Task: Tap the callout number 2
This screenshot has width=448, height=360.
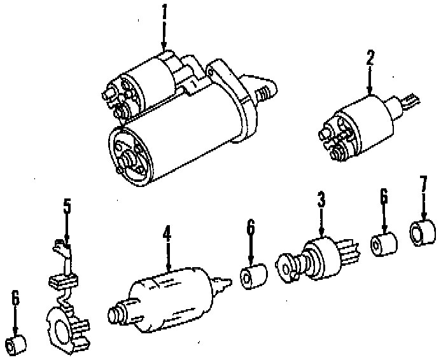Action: tap(370, 58)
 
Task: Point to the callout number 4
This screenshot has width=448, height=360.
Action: tap(167, 234)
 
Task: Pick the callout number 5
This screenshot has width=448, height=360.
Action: tap(67, 207)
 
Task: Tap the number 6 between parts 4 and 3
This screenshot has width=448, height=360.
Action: tap(251, 226)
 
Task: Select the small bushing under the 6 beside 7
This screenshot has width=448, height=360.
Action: tap(384, 244)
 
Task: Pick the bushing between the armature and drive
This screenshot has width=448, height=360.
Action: tap(252, 277)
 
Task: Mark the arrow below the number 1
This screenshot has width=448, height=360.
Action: tap(164, 35)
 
